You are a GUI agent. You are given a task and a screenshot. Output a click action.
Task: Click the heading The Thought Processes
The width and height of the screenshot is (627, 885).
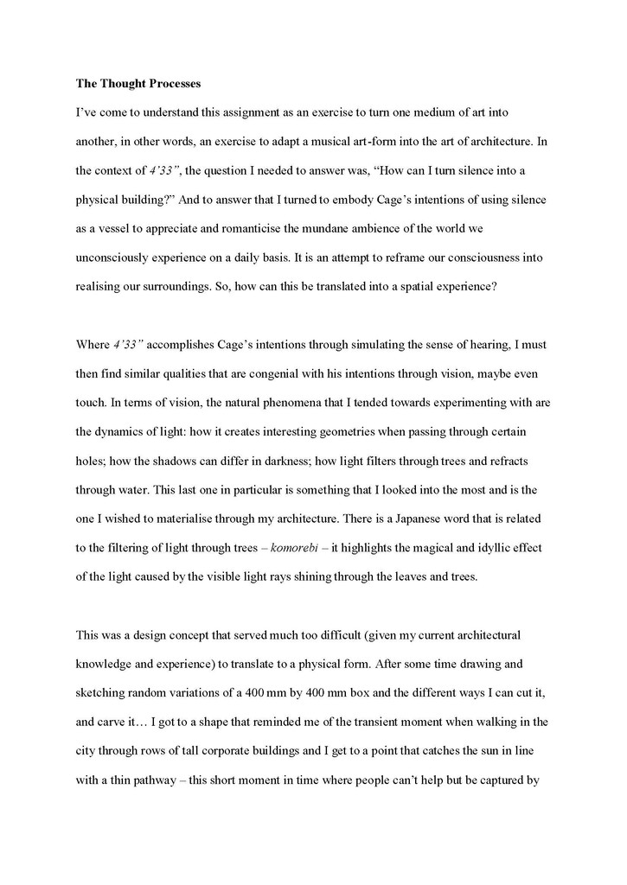138,84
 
